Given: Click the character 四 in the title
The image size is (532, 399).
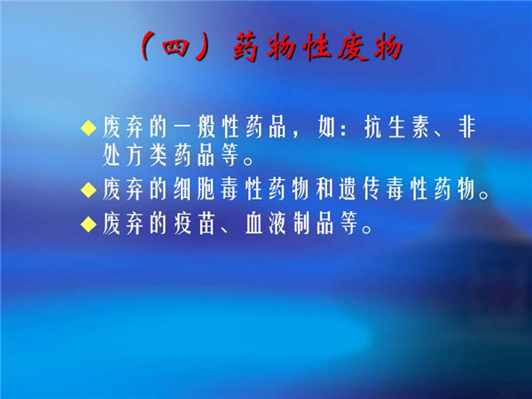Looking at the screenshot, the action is pyautogui.click(x=176, y=47).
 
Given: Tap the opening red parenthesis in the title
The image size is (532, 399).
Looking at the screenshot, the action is pyautogui.click(x=146, y=46).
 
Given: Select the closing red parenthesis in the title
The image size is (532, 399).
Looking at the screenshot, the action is pyautogui.click(x=204, y=46).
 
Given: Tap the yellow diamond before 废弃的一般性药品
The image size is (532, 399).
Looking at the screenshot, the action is pyautogui.click(x=89, y=128).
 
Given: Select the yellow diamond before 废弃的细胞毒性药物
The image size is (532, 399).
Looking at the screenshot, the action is pyautogui.click(x=89, y=190).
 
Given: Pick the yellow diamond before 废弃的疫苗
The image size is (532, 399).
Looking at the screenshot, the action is pyautogui.click(x=89, y=224).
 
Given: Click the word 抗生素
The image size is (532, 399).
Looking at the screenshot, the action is pyautogui.click(x=397, y=128).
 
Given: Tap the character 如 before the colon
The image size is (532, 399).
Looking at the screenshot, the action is pyautogui.click(x=326, y=128).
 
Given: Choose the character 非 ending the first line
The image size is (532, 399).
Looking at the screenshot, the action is pyautogui.click(x=467, y=128).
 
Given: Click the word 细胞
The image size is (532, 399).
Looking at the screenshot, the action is pyautogui.click(x=194, y=190).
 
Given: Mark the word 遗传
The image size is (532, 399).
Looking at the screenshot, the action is pyautogui.click(x=360, y=190).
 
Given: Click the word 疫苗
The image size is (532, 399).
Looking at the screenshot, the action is pyautogui.click(x=194, y=224).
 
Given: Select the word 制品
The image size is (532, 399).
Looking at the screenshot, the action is pyautogui.click(x=313, y=224).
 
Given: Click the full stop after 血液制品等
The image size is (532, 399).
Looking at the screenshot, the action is pyautogui.click(x=367, y=230).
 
